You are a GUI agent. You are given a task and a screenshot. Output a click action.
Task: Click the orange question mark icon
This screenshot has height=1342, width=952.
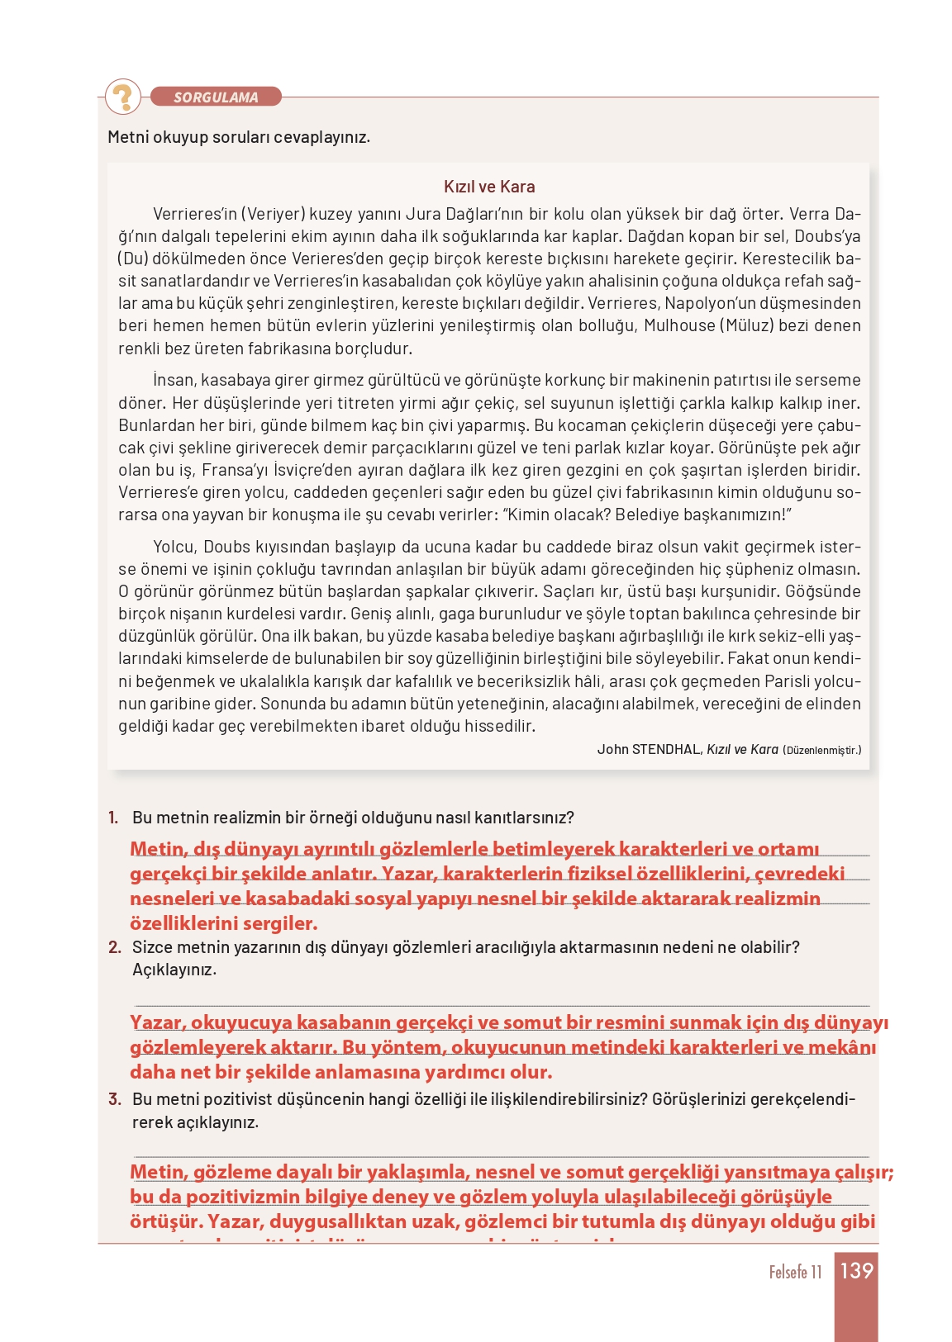pos(124,97)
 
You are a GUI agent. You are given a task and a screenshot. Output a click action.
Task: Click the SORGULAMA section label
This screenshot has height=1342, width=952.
pos(216,97)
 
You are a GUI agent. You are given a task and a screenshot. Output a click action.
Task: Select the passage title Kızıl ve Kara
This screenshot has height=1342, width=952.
pos(489,187)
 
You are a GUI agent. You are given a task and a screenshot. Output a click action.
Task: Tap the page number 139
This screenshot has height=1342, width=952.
pos(856,1271)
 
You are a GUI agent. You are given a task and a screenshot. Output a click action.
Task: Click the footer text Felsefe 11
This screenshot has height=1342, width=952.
pos(795,1273)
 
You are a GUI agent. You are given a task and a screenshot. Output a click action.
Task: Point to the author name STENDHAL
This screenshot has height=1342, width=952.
pos(667,750)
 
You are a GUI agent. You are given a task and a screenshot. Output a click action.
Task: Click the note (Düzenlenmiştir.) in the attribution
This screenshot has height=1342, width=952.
pos(821,751)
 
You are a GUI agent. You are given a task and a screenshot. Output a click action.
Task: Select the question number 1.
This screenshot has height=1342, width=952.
pos(113,818)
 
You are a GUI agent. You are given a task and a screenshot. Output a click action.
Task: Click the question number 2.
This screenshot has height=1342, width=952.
pos(114,947)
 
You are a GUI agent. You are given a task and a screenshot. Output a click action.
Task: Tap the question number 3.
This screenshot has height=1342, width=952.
pos(114,1099)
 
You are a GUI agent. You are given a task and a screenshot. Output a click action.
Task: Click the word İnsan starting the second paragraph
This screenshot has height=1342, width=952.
pos(174,381)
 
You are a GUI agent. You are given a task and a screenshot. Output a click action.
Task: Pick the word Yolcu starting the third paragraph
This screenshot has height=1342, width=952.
pos(174,547)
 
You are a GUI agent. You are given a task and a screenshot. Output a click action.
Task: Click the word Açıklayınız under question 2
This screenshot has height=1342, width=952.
pos(174,970)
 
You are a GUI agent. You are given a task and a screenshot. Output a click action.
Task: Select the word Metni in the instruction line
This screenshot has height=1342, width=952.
pos(127,137)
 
